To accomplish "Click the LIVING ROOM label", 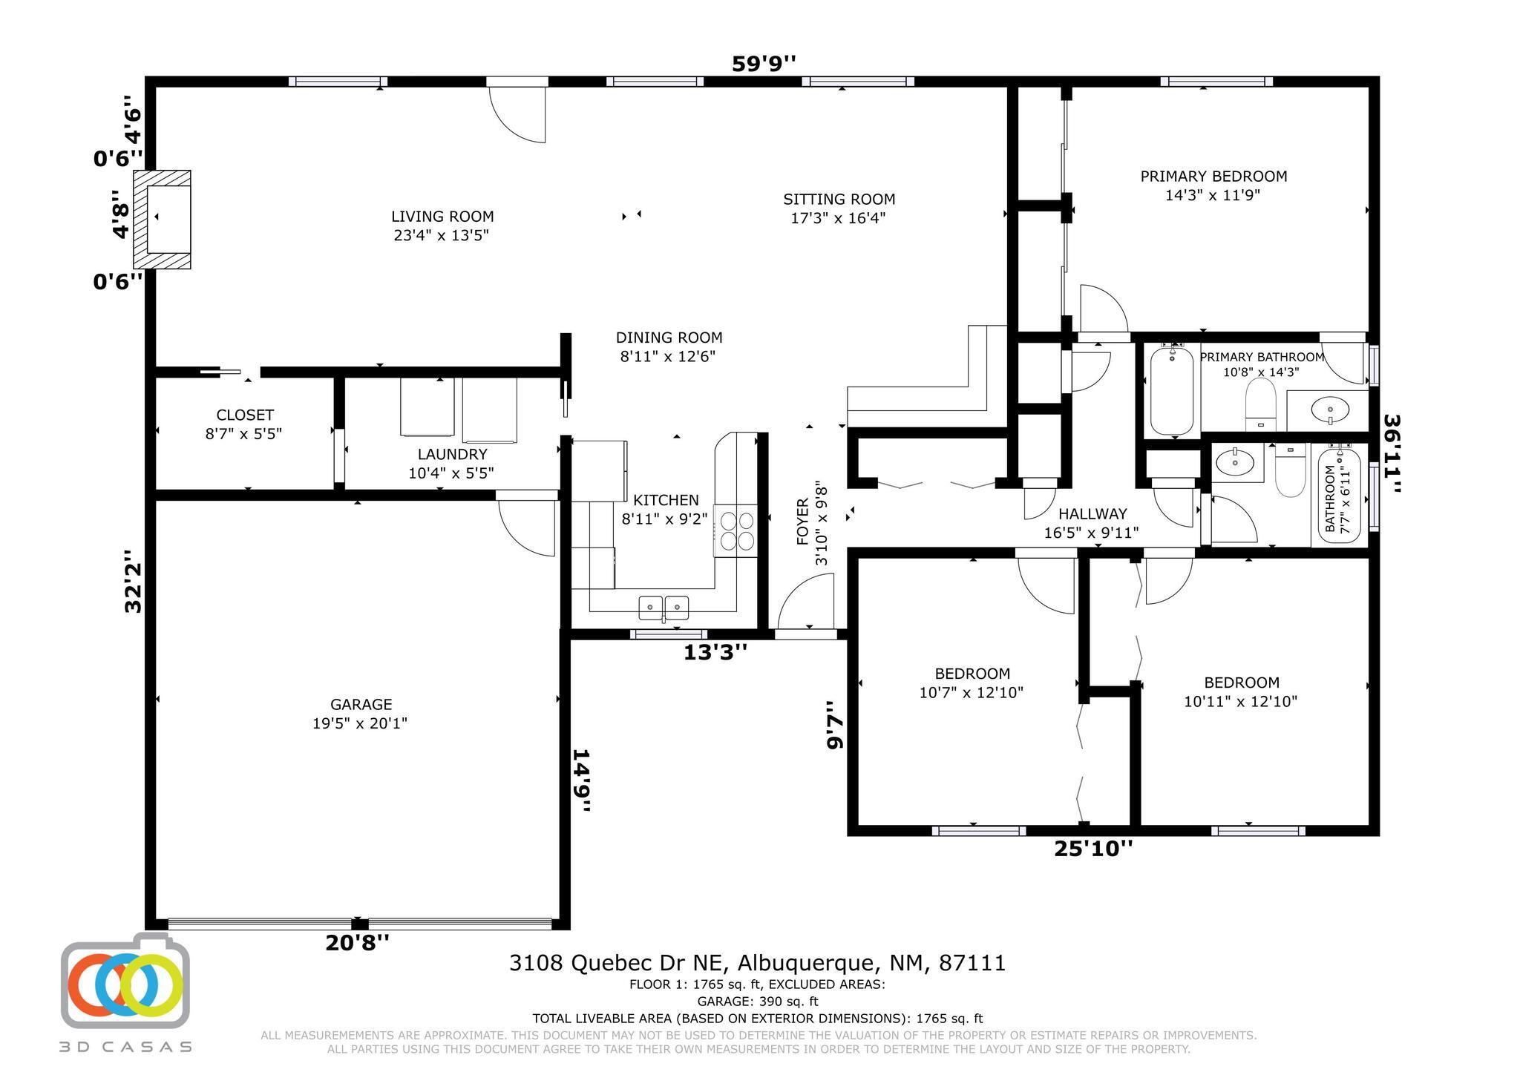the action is pyautogui.click(x=442, y=217).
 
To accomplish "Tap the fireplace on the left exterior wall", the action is pyautogui.click(x=162, y=220).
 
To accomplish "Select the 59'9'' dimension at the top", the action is pyautogui.click(x=764, y=64).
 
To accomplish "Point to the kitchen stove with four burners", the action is pyautogui.click(x=736, y=530).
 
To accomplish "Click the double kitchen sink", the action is pyautogui.click(x=664, y=608).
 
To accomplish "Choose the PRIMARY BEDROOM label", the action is pyautogui.click(x=1213, y=177).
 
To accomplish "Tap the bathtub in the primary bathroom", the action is pyautogui.click(x=1172, y=391).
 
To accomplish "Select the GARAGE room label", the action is pyautogui.click(x=361, y=704).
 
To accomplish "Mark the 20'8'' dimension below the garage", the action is pyautogui.click(x=357, y=943).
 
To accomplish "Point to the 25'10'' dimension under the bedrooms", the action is pyautogui.click(x=1093, y=848).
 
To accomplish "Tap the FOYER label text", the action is pyautogui.click(x=802, y=523).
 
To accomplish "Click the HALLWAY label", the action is pyautogui.click(x=1092, y=513).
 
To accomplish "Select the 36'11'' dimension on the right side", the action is pyautogui.click(x=1393, y=453).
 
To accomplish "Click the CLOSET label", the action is pyautogui.click(x=245, y=415).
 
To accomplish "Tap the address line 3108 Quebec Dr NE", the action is pyautogui.click(x=757, y=963).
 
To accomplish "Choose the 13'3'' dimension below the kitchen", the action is pyautogui.click(x=715, y=652).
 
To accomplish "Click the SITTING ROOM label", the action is pyautogui.click(x=839, y=200).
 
